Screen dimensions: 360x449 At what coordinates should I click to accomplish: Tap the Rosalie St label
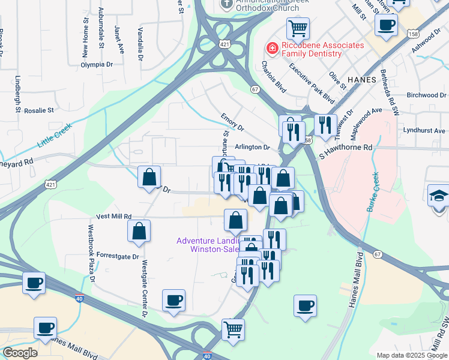coord(39,110)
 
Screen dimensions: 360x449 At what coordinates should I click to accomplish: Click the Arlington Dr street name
coord(253,147)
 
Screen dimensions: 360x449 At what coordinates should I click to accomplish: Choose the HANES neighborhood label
coord(361,80)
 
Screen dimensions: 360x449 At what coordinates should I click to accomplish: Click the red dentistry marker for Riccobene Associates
coord(272,47)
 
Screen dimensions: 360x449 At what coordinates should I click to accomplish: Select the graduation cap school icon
coord(438,195)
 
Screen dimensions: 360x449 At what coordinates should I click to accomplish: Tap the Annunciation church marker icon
coord(226,4)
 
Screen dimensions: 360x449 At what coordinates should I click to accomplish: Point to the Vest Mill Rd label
coord(113,216)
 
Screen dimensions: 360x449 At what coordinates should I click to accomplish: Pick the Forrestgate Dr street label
coord(118,255)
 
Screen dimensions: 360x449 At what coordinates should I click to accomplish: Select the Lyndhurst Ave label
coord(424,130)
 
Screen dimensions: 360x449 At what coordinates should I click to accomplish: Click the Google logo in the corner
coord(20,352)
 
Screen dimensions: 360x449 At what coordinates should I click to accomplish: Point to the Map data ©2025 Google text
coord(412,355)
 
